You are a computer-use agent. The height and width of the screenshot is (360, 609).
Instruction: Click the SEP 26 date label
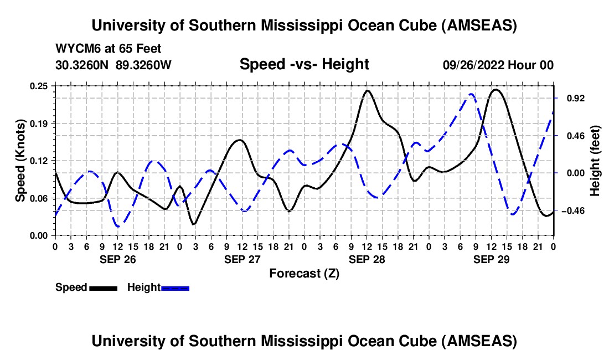tap(117, 259)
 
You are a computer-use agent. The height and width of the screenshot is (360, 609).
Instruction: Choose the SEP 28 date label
tap(367, 259)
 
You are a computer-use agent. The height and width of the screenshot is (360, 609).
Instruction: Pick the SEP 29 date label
tap(491, 259)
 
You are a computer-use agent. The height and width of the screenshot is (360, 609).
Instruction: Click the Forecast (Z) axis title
tap(304, 273)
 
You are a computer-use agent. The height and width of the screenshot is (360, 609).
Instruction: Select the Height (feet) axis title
tap(595, 161)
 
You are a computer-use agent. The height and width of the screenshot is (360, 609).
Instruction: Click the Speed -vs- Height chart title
tap(304, 64)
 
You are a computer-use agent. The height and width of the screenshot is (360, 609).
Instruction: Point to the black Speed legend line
tap(103, 287)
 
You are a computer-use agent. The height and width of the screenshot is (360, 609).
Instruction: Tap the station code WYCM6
tap(74, 49)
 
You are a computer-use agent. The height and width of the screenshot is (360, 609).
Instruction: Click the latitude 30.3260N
tap(83, 65)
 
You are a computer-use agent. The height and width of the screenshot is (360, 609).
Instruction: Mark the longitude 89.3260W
tap(144, 65)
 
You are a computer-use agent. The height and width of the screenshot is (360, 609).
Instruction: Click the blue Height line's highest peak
tap(471, 94)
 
